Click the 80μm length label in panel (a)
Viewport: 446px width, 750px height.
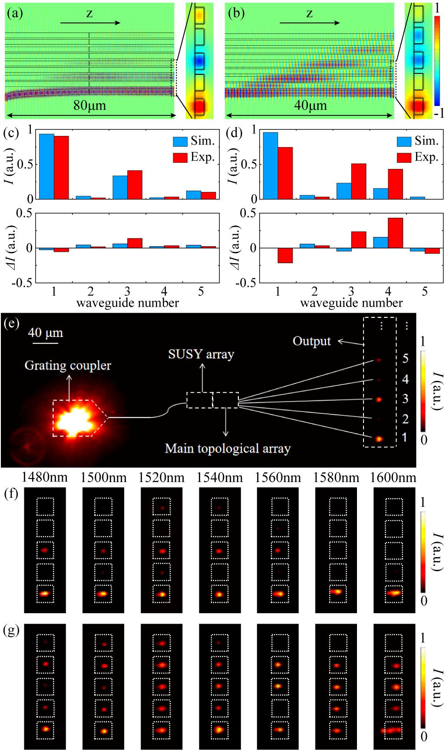coord(89,106)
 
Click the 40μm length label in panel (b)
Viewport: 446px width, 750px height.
coord(310,106)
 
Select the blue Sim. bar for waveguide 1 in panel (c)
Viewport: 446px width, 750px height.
coord(46,166)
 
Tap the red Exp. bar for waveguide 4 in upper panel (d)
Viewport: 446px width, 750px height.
coord(395,184)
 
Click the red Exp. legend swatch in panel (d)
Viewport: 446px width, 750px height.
coord(404,157)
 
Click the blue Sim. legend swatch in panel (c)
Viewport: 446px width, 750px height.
coord(180,141)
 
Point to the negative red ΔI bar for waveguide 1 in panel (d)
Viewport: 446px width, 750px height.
coord(285,255)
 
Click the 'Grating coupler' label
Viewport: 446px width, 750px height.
coord(67,366)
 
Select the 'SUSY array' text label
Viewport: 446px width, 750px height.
coord(201,354)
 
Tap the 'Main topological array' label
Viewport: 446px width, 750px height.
coord(228,448)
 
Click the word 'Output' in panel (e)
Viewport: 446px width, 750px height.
coord(312,341)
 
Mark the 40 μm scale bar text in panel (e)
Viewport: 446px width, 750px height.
coord(46,333)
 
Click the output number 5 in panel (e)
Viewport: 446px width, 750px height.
coord(405,359)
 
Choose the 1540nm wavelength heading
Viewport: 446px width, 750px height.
coord(219,478)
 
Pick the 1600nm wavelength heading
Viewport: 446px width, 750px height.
coord(393,478)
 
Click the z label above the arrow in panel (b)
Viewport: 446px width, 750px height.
coord(309,13)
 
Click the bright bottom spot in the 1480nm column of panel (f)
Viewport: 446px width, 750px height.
coord(45,593)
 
